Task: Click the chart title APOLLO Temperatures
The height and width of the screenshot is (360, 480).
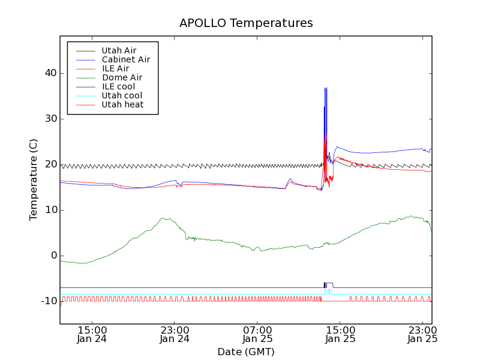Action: tap(246, 23)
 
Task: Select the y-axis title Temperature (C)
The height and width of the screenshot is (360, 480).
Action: tap(34, 179)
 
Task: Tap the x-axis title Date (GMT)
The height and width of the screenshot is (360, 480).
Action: tap(246, 352)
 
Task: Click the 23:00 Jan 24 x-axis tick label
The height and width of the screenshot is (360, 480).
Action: tap(175, 334)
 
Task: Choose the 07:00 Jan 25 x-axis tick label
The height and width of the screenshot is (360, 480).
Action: tap(257, 334)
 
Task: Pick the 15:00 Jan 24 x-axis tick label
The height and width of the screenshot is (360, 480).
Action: tap(92, 334)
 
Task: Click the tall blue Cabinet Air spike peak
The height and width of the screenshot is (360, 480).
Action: tap(325, 88)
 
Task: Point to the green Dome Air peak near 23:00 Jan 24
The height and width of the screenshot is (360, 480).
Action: tap(163, 218)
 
